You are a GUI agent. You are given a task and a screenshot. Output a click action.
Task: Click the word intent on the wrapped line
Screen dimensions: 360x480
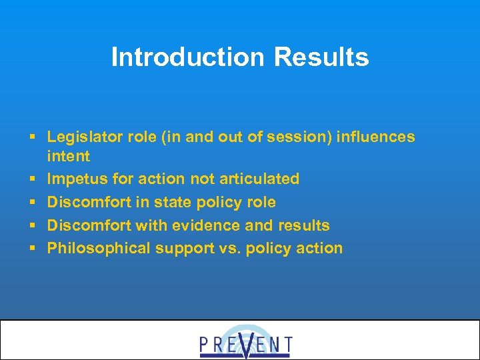68,156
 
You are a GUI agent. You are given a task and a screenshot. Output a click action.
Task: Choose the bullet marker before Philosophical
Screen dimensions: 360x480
33,249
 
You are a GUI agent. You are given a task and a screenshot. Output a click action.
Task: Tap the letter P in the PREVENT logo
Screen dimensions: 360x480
205,345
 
